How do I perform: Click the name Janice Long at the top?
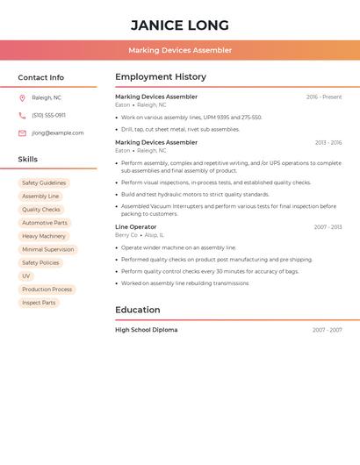click(180, 25)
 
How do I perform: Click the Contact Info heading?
click(40, 77)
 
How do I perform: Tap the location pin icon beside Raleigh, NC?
click(22, 98)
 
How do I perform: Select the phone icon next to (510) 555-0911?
click(22, 116)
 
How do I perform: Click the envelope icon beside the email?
click(22, 133)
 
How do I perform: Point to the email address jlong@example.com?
click(57, 133)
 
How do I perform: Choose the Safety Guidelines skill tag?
click(44, 183)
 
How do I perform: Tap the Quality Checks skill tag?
click(41, 210)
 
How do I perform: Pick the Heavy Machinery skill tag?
click(44, 236)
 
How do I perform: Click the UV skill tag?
click(25, 276)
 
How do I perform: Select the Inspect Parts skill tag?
click(39, 303)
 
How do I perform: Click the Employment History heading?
click(161, 77)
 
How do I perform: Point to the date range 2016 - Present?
click(324, 97)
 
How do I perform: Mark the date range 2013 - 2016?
click(328, 142)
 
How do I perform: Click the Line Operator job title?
click(136, 227)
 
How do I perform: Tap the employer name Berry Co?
click(126, 235)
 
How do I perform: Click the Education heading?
click(138, 310)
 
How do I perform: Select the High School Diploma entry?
click(146, 330)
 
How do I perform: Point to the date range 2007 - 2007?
click(327, 330)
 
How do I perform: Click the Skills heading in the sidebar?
click(28, 160)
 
